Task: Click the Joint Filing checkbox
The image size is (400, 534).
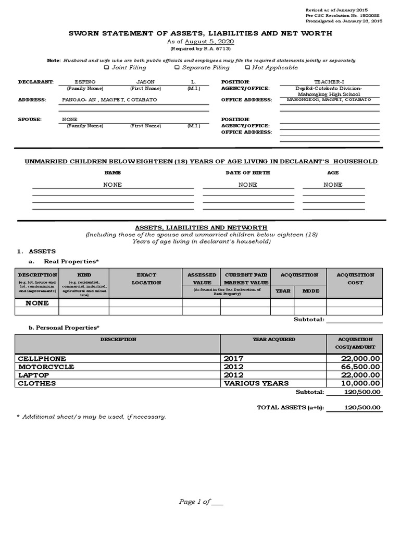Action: click(107, 67)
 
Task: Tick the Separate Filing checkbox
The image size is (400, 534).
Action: click(177, 67)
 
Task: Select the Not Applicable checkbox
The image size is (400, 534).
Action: click(247, 67)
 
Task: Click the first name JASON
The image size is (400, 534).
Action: click(145, 82)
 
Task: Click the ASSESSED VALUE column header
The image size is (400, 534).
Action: click(202, 278)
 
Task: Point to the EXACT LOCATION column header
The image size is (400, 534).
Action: click(146, 278)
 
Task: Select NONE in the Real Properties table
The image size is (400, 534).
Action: click(37, 303)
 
